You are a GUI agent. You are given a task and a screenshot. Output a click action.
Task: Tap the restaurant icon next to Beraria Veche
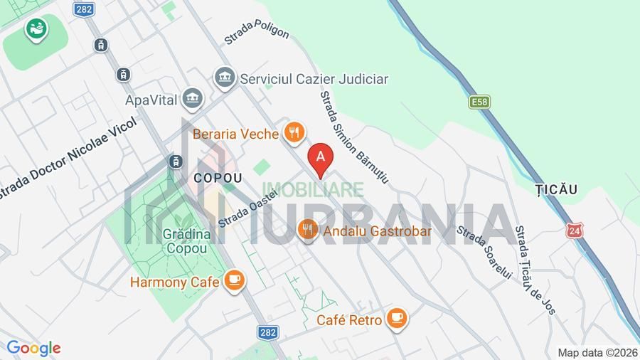[294, 132]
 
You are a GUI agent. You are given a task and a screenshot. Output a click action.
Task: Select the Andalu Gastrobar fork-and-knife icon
[307, 230]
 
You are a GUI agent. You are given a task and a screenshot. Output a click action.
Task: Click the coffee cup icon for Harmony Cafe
[234, 282]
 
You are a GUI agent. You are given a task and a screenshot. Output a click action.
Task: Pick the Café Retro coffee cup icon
[398, 319]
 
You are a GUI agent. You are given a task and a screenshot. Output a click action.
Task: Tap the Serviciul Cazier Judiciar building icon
[225, 78]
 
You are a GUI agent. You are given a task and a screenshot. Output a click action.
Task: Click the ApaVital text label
[151, 99]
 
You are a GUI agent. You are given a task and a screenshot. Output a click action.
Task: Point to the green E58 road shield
[479, 102]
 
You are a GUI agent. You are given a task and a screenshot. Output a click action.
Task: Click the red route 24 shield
[574, 231]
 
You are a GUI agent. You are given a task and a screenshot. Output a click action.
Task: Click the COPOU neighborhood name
[218, 178]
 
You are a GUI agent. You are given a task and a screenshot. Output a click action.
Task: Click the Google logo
[33, 348]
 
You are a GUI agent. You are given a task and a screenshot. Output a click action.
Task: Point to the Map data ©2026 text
[597, 352]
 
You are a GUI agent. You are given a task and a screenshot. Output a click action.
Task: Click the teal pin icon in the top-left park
[35, 29]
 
